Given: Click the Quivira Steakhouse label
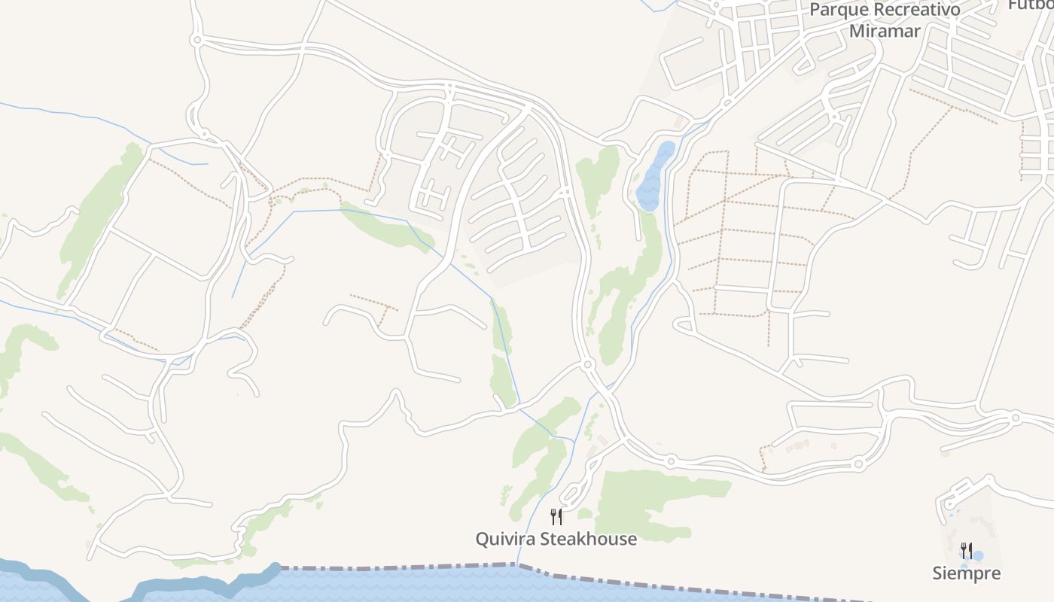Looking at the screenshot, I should [x=556, y=539].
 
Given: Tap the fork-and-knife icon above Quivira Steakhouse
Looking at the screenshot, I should [x=556, y=517].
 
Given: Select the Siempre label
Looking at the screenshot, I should [x=967, y=573].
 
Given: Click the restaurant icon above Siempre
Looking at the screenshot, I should [x=966, y=551].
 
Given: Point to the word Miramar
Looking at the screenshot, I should [x=885, y=31].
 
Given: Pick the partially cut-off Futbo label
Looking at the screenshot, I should [x=1031, y=5].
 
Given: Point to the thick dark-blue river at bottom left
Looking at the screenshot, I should [x=45, y=579].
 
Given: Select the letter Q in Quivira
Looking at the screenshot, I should [x=483, y=539].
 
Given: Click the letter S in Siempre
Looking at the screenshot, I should [x=938, y=573].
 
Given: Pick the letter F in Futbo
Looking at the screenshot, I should [x=1013, y=5].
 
